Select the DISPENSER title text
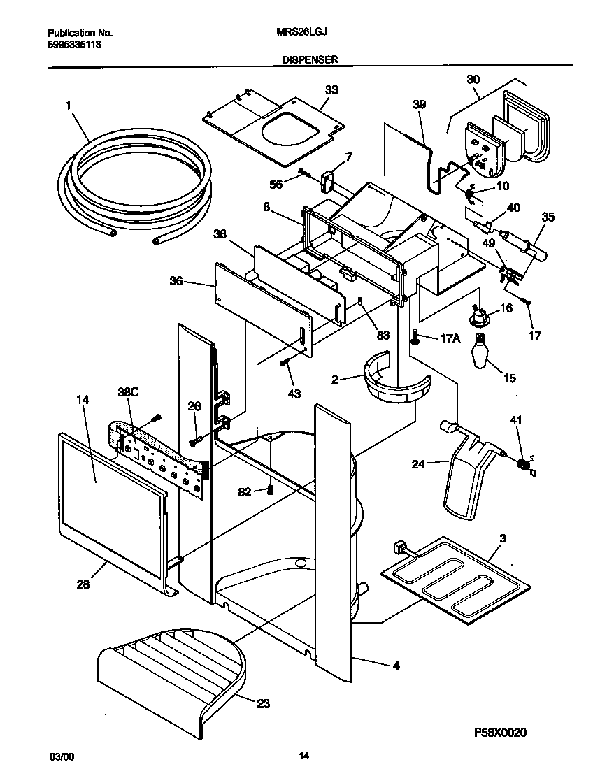[310, 60]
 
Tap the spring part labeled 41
[522, 462]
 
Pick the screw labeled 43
[285, 362]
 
